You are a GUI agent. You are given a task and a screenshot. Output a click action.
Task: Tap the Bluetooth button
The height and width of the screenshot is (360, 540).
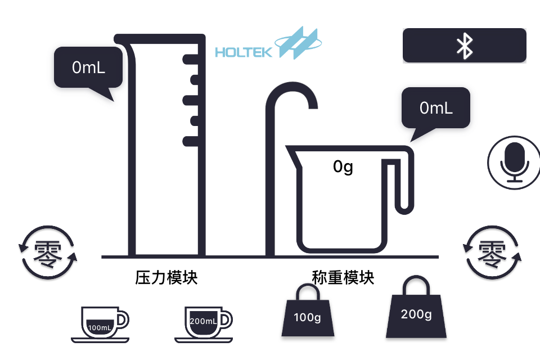coord(464,46)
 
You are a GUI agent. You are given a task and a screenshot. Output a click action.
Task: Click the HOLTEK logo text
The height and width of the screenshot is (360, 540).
coord(244,53)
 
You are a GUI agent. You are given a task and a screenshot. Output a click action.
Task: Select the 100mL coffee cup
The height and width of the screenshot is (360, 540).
coord(100,324)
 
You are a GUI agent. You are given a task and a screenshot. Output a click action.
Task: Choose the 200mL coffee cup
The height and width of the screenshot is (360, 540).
coord(204,323)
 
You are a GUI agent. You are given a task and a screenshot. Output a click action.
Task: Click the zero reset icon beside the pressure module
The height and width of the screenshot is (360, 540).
coord(47,253)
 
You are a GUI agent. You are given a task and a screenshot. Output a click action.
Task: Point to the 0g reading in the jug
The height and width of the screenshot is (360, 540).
coord(343,166)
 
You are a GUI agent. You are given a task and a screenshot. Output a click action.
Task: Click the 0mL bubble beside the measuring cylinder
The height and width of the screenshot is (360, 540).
coord(88,67)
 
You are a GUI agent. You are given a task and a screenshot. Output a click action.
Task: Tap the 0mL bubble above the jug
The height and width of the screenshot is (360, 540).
coord(436,108)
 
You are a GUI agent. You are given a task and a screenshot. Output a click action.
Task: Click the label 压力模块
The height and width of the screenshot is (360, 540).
coord(166,278)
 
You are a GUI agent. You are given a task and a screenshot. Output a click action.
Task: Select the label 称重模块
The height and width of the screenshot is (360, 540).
coord(343,278)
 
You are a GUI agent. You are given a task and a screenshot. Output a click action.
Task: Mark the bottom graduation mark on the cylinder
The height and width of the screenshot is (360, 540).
coord(191,141)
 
